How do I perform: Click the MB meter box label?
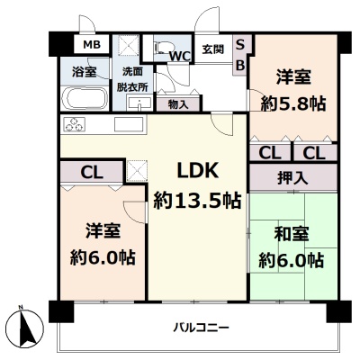(92, 45)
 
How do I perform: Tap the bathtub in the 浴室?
(86, 99)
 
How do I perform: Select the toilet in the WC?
(161, 48)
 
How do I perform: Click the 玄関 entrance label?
(212, 49)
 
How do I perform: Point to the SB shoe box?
(240, 55)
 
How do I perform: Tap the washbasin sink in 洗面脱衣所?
(139, 102)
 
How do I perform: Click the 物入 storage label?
(178, 104)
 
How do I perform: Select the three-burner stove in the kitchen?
(74, 124)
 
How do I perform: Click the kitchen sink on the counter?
(129, 124)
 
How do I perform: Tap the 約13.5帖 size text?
(197, 201)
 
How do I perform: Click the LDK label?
(197, 170)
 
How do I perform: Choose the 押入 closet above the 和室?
(292, 177)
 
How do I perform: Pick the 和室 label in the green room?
(292, 234)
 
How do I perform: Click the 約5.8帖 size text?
(293, 104)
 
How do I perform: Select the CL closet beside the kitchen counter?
(92, 172)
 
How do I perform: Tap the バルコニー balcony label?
(202, 328)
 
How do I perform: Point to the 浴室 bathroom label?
(85, 72)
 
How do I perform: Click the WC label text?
(180, 56)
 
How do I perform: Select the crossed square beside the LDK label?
(137, 171)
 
